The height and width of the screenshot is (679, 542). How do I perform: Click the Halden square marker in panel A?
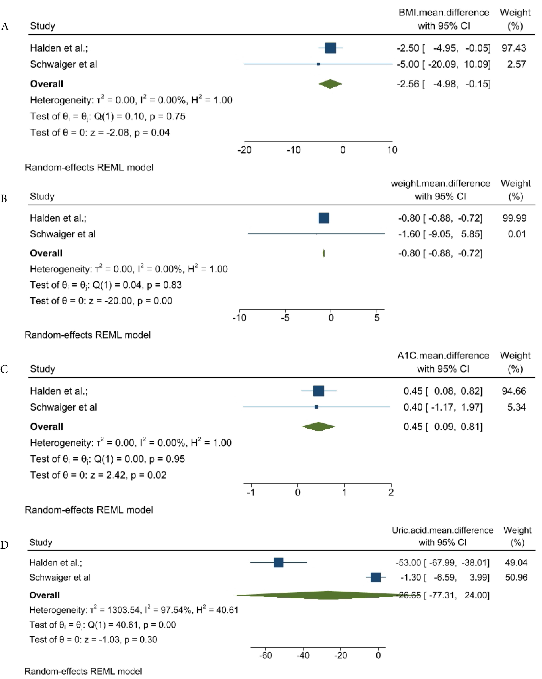click(x=330, y=48)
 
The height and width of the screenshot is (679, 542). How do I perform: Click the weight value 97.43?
click(x=514, y=48)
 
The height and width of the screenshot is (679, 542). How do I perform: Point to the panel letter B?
click(x=4, y=198)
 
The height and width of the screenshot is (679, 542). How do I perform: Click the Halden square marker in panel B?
click(x=324, y=218)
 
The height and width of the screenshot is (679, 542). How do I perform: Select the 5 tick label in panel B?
click(x=377, y=318)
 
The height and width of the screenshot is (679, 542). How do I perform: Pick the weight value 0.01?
click(x=517, y=234)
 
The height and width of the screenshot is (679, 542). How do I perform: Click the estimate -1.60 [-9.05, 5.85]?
click(x=440, y=234)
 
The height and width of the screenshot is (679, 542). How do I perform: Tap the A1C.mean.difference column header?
click(x=443, y=356)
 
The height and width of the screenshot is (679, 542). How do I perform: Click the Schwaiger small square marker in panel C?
click(x=316, y=407)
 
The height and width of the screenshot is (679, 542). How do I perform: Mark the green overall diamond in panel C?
click(x=319, y=427)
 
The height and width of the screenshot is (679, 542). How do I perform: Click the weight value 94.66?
click(x=514, y=391)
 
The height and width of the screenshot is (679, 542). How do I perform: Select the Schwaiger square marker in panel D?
click(x=376, y=577)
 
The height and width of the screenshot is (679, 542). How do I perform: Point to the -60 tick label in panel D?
click(x=266, y=655)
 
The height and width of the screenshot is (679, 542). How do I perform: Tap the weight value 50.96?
click(x=516, y=577)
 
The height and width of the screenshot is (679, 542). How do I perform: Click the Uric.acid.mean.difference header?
click(x=442, y=530)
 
